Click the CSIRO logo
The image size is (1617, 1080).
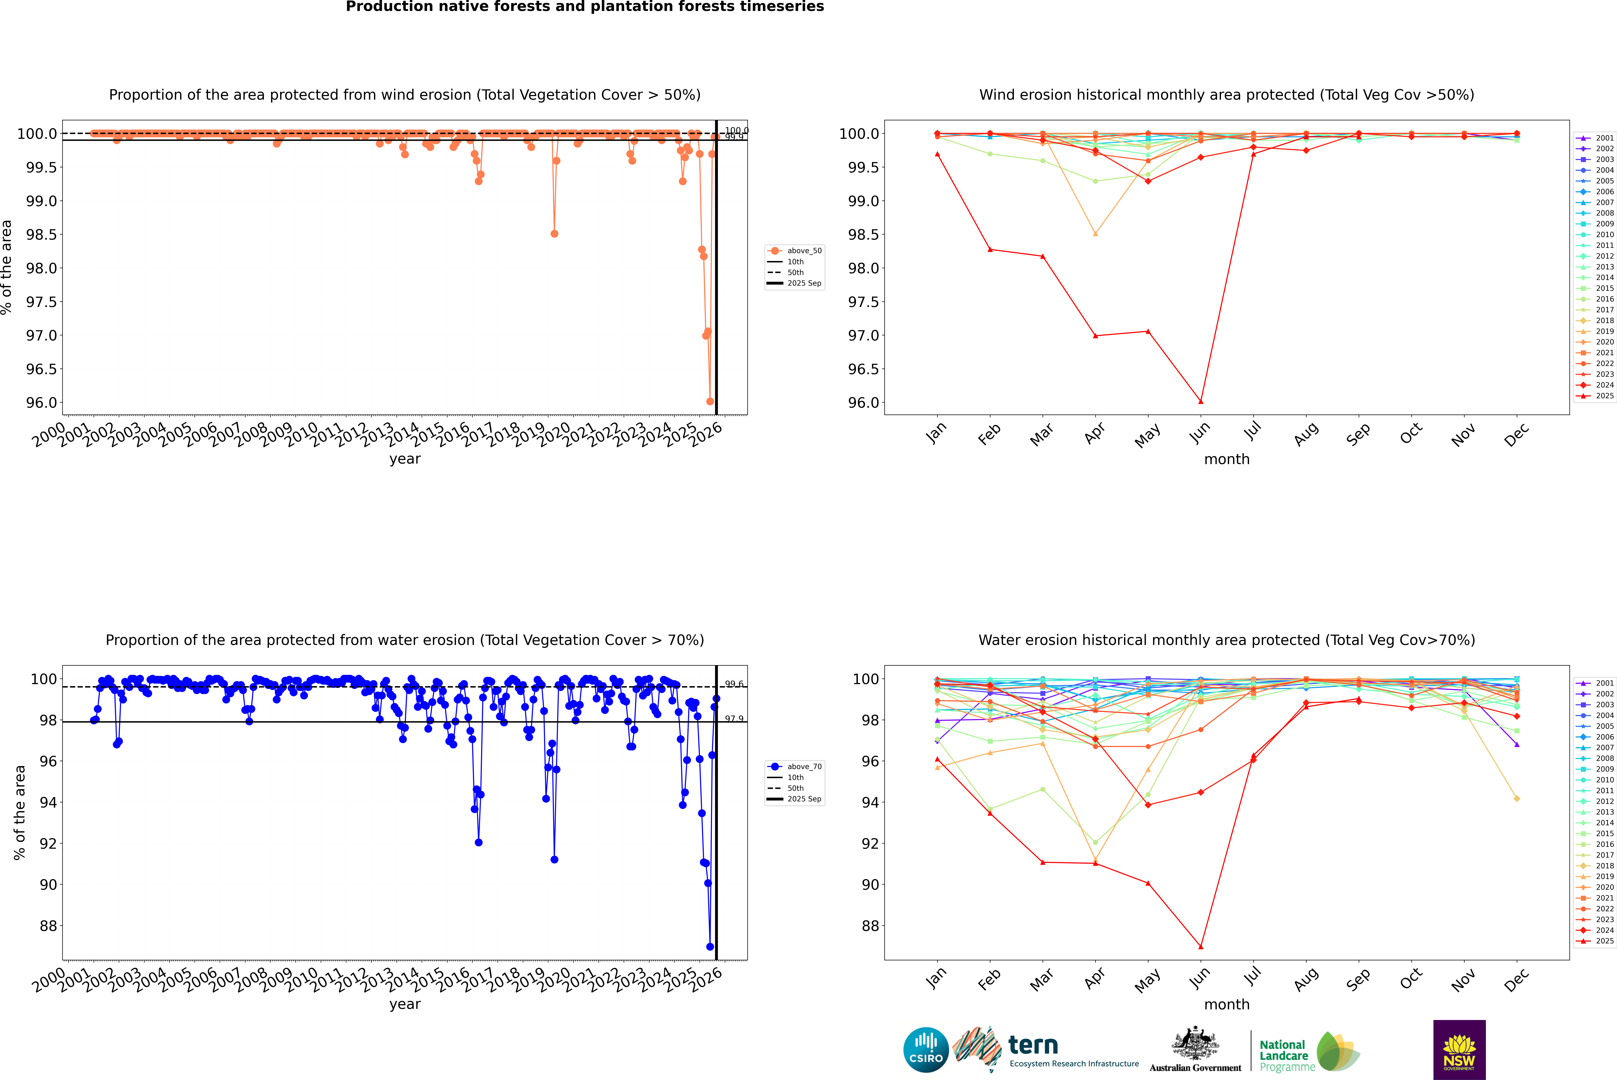(x=926, y=1050)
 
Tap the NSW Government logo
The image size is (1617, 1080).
(x=1459, y=1050)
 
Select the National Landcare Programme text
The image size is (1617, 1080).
(x=1283, y=1055)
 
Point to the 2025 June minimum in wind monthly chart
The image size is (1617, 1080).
(x=1201, y=402)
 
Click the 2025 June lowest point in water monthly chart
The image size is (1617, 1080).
(x=1201, y=946)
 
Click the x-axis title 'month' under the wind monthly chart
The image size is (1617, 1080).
(x=1226, y=459)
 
